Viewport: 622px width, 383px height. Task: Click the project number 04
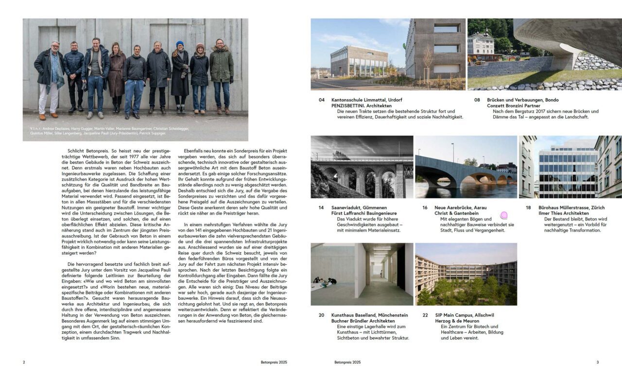point(321,100)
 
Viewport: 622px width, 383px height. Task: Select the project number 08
point(477,100)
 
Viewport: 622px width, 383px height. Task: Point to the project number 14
point(321,207)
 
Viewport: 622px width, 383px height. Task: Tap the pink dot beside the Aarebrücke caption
point(504,215)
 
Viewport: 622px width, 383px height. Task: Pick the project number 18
point(528,207)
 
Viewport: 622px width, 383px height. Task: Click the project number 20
point(321,315)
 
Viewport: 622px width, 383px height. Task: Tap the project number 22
point(425,315)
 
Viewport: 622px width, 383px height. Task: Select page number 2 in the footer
point(24,362)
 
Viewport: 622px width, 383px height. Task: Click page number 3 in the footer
point(597,362)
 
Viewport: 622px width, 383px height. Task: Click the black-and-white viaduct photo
point(362,167)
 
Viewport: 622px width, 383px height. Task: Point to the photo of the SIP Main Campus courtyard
point(466,274)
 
